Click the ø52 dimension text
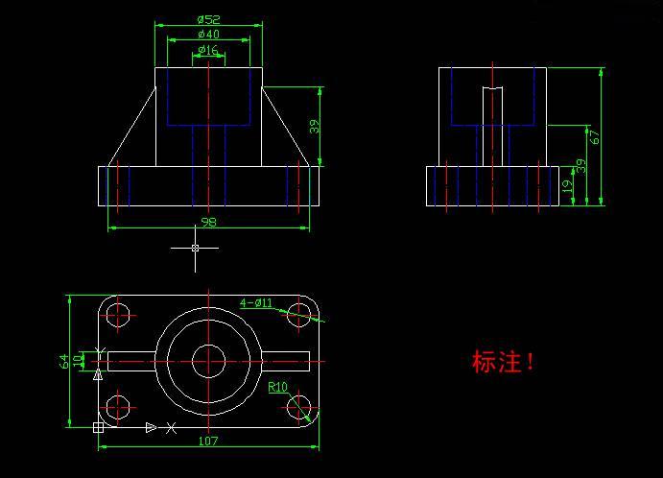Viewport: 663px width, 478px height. tap(209, 18)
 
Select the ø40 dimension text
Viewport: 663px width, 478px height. tap(208, 35)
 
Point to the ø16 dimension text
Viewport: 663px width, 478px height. tap(208, 50)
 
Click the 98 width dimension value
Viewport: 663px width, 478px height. tap(208, 223)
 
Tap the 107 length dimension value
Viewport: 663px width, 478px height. tap(208, 441)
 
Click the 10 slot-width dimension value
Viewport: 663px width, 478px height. tap(79, 361)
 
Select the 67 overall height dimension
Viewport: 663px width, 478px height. tap(595, 136)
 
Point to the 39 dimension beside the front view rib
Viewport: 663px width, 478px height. tap(314, 126)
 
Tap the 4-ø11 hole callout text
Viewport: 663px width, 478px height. tap(256, 302)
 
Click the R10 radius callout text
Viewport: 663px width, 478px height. tap(277, 387)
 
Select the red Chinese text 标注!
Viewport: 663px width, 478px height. tap(503, 363)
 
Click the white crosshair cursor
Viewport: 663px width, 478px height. tap(196, 248)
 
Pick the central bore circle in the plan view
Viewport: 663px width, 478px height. tap(208, 361)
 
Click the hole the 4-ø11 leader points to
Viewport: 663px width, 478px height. tap(299, 314)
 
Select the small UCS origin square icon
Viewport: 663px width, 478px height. tap(98, 427)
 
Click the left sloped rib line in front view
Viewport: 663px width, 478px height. tap(132, 127)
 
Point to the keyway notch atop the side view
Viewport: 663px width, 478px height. tap(492, 89)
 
